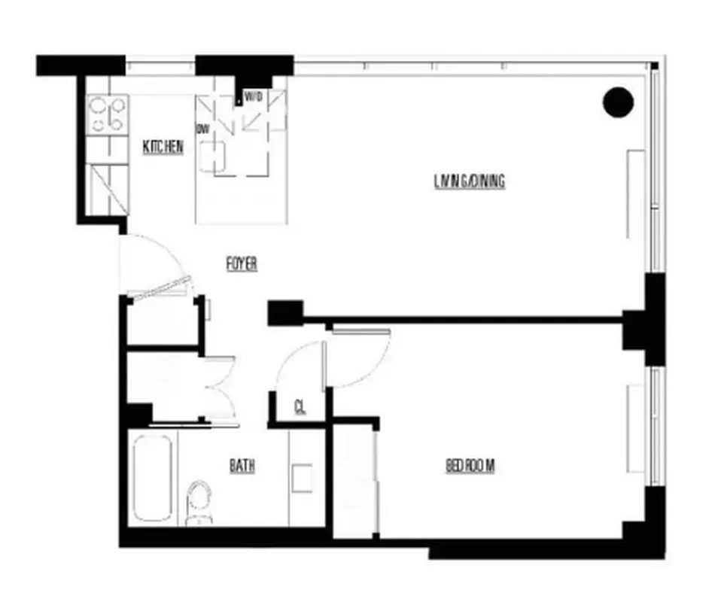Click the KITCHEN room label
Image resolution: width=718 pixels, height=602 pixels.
[163, 147]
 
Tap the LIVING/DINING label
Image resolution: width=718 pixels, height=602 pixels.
[469, 181]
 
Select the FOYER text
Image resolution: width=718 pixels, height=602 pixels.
[242, 264]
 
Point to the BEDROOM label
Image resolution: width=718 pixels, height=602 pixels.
[470, 466]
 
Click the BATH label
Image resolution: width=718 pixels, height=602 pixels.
[242, 467]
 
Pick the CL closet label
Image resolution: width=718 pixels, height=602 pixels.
[300, 408]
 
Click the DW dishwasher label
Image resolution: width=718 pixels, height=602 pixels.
[202, 129]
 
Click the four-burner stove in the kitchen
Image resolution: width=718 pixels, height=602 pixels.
[107, 114]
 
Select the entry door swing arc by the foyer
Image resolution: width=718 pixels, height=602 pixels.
[154, 260]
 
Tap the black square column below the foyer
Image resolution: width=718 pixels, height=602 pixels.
[284, 312]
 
